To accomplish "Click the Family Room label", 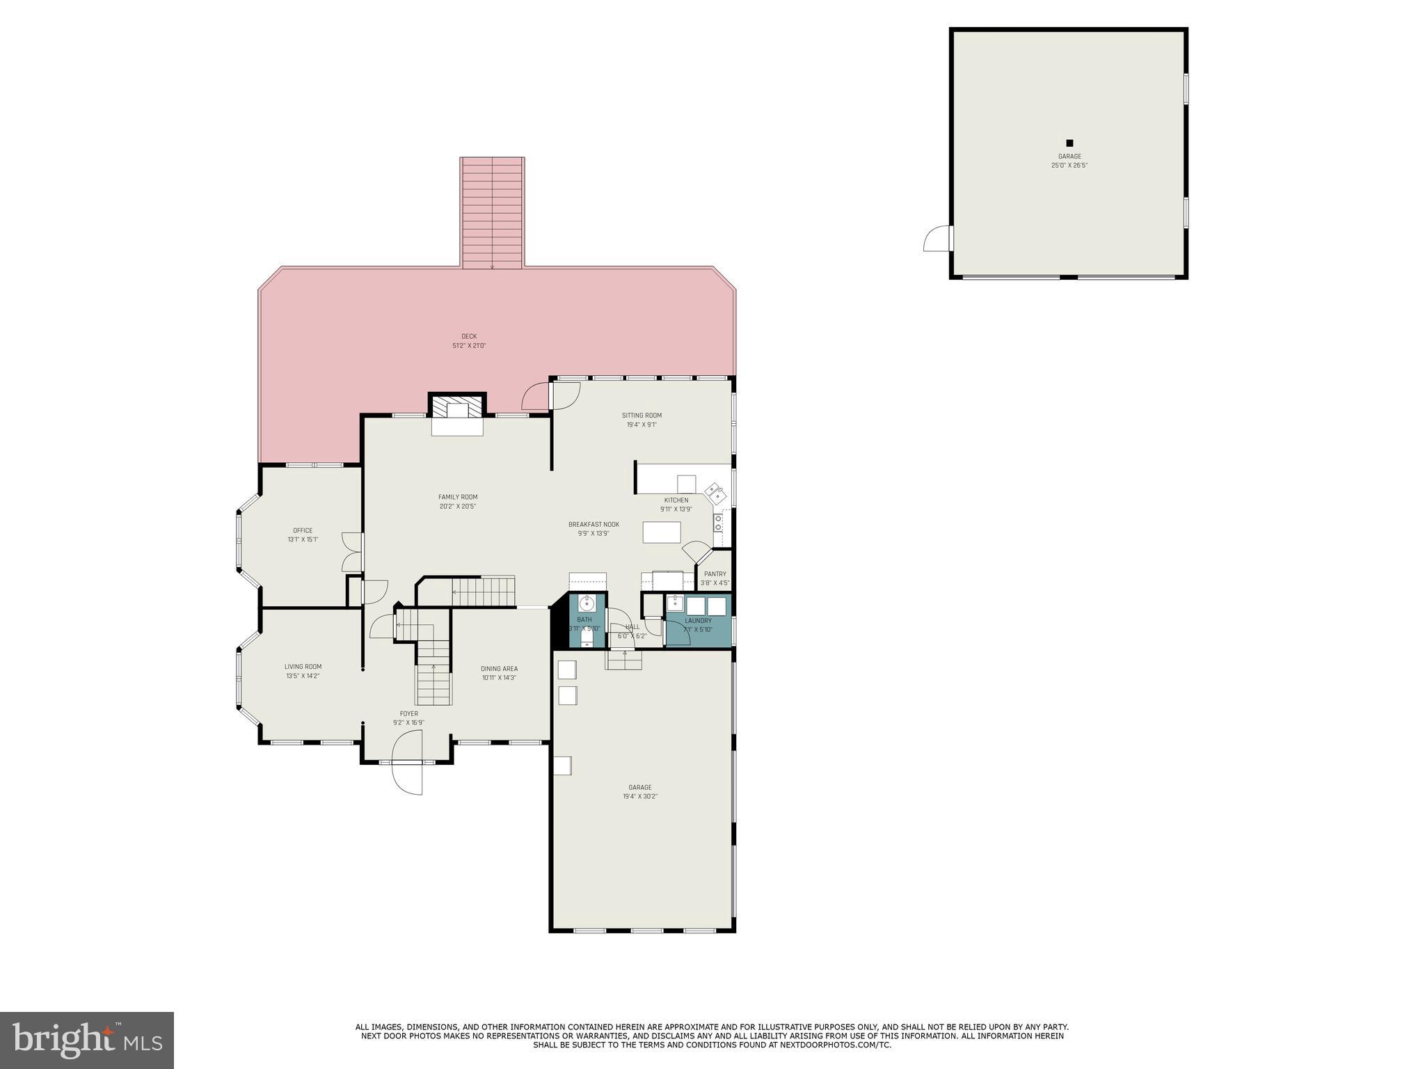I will point(458,497).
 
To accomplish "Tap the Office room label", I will point(303,530).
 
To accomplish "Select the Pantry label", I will point(715,574).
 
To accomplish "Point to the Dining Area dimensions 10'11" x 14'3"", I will point(499,678).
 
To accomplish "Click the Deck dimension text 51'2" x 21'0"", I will point(469,345).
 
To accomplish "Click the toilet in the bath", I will point(587,636).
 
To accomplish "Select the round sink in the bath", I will point(587,603).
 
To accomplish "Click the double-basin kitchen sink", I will point(715,494).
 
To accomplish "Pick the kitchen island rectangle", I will point(661,532).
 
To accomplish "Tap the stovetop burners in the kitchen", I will point(718,523).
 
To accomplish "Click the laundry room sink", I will point(675,603).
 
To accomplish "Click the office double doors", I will point(353,552).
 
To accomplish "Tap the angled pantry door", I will point(696,552).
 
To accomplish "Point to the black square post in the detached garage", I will point(1069,143).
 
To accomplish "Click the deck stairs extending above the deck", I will point(492,212).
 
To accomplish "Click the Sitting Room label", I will point(642,415).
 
